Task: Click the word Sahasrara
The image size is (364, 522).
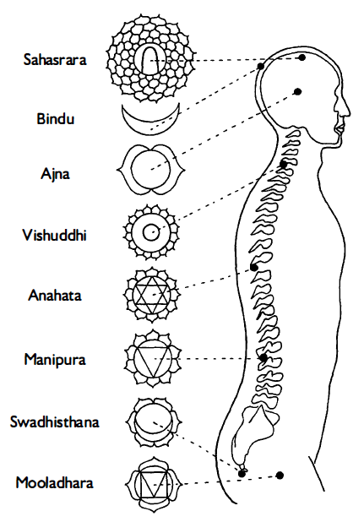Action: coord(55,60)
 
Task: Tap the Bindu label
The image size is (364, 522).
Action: coord(55,119)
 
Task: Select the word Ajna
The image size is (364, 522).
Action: coord(55,174)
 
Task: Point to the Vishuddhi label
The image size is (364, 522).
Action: coord(55,235)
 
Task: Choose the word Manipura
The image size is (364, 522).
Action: coord(55,359)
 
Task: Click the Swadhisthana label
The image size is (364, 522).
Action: coord(55,421)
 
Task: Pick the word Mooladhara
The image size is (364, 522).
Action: coord(55,482)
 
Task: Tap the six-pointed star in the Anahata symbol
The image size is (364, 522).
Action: coord(152,295)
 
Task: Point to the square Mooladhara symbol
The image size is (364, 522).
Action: coord(154,484)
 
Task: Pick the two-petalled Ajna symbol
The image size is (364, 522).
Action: coord(150,170)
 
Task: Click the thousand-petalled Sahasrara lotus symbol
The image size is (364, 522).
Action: coord(150,57)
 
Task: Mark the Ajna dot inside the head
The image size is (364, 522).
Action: coord(298,91)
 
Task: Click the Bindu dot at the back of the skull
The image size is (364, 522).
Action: coord(261,66)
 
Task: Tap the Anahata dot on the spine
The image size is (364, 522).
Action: coord(254,267)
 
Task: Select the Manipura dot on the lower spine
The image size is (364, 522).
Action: coord(263,358)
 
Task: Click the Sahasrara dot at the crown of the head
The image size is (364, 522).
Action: coord(302,57)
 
